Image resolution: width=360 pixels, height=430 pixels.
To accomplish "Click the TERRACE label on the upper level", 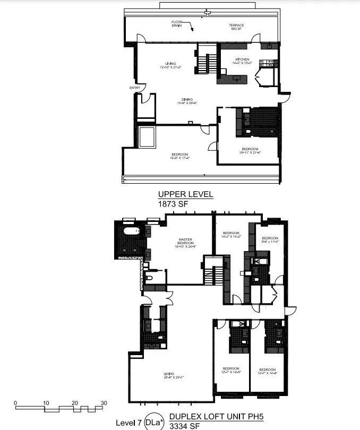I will [x=236, y=25].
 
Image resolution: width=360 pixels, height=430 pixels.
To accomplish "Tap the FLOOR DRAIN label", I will [x=177, y=24].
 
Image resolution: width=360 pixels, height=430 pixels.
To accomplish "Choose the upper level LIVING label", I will [x=170, y=64].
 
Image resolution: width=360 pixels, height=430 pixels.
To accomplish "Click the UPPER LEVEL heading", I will [x=185, y=195].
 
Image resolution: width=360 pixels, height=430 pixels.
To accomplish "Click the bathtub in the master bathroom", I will [x=130, y=231].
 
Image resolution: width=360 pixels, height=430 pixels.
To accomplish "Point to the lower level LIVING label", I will [x=169, y=374].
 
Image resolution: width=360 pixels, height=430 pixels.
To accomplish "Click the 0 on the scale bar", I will [x=16, y=403].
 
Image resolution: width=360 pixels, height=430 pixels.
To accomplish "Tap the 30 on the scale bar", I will [x=105, y=403].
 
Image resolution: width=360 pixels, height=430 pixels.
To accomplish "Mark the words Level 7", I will [x=128, y=423].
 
